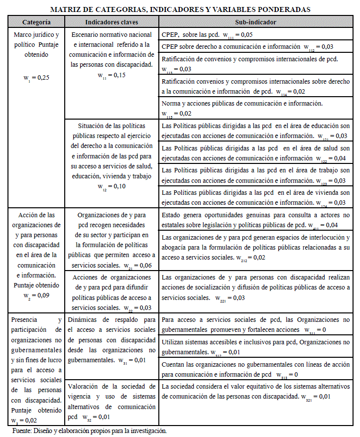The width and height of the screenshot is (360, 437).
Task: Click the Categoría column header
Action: (36, 23)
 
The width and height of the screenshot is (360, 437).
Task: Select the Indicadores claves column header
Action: (112, 23)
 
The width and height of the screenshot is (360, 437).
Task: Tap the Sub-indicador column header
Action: (255, 23)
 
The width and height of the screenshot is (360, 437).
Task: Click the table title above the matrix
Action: (180, 9)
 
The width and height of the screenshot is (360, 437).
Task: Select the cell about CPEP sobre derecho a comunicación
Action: (255, 47)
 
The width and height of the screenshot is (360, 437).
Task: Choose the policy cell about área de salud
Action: (255, 153)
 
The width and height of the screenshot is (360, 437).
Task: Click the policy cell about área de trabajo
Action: (255, 175)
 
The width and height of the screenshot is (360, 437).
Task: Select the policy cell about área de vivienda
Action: (255, 197)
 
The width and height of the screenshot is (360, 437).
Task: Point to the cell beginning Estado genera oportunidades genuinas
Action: (255, 220)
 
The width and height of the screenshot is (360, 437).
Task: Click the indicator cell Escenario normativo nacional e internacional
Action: (112, 55)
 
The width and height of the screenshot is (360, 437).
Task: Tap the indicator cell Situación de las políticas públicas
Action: (112, 154)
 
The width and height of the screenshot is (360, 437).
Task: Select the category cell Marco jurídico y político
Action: (36, 55)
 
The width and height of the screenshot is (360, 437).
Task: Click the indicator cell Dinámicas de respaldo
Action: (112, 339)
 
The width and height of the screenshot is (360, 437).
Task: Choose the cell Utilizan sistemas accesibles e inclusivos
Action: (255, 347)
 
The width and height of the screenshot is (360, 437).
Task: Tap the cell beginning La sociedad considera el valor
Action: (255, 391)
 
